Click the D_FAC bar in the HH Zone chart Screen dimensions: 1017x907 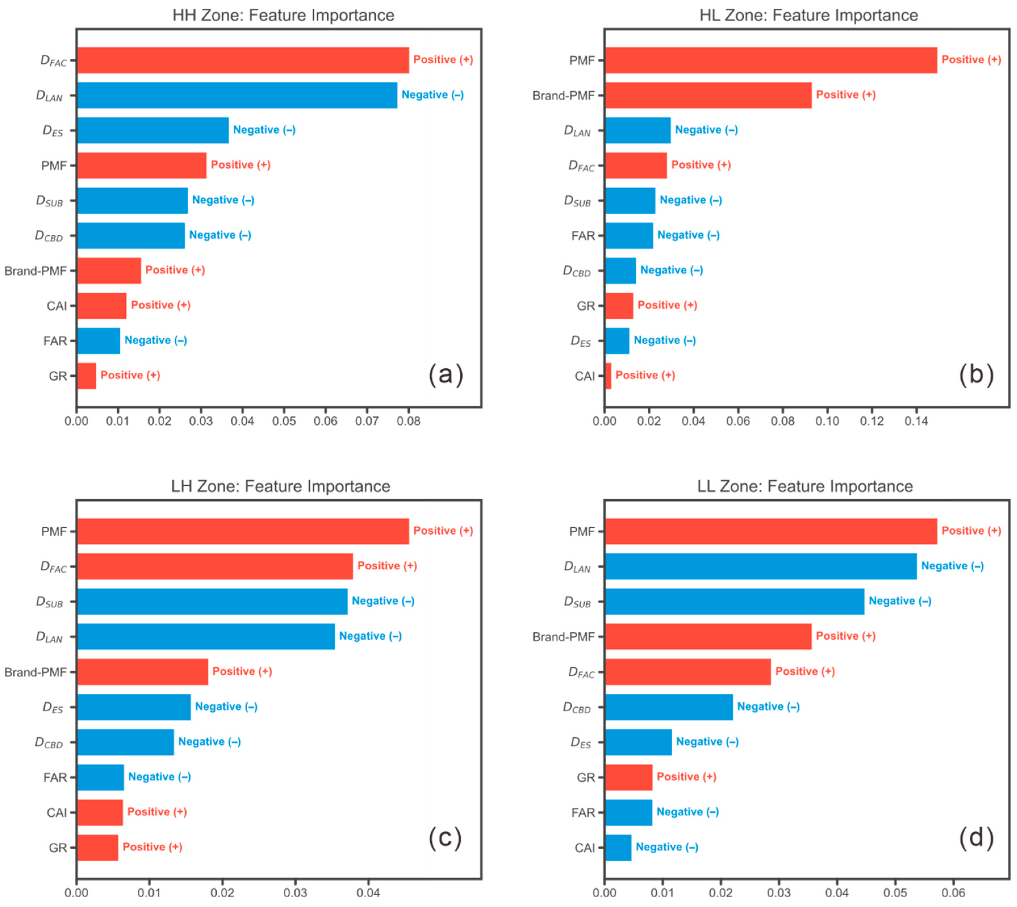(243, 60)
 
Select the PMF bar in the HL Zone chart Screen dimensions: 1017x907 (771, 60)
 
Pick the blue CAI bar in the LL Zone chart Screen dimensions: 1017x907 (618, 848)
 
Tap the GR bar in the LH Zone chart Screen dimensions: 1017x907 (98, 848)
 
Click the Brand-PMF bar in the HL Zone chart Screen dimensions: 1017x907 (708, 95)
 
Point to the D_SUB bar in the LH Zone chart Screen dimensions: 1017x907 (212, 602)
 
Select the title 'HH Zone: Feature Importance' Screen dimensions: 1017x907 (283, 15)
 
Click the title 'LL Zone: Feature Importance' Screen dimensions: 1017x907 (805, 486)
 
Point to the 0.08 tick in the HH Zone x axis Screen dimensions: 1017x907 (408, 421)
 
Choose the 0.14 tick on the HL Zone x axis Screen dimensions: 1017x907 (916, 421)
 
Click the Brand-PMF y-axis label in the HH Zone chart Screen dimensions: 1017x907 (35, 271)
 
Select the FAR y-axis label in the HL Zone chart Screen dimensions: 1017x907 (583, 236)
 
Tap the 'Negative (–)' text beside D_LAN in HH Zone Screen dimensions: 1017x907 (433, 95)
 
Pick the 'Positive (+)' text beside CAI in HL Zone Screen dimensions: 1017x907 (645, 375)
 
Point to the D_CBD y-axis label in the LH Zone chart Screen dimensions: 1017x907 (49, 743)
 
